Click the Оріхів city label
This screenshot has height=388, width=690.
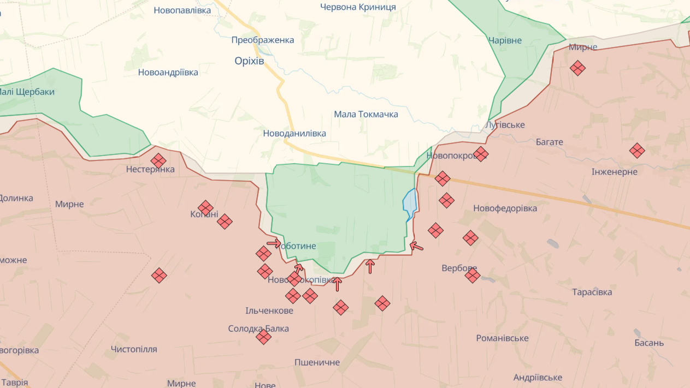249,61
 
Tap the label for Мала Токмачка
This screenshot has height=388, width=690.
366,114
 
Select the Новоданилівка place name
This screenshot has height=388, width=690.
294,133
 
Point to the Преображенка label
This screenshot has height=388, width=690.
263,40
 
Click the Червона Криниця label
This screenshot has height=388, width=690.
358,7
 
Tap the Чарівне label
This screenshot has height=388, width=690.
505,40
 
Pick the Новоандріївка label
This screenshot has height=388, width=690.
168,72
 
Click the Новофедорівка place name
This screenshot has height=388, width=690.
505,208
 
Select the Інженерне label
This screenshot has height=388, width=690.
614,172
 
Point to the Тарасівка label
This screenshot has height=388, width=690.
592,292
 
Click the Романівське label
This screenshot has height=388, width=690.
502,338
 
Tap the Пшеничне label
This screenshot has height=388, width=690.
317,362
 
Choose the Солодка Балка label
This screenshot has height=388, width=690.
258,329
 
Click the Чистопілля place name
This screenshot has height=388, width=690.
134,349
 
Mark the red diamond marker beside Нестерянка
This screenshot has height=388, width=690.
158,161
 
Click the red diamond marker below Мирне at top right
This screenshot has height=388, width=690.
577,68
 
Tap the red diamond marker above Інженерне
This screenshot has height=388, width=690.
637,151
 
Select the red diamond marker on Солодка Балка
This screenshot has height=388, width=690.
263,337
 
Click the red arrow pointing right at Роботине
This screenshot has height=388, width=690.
274,243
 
